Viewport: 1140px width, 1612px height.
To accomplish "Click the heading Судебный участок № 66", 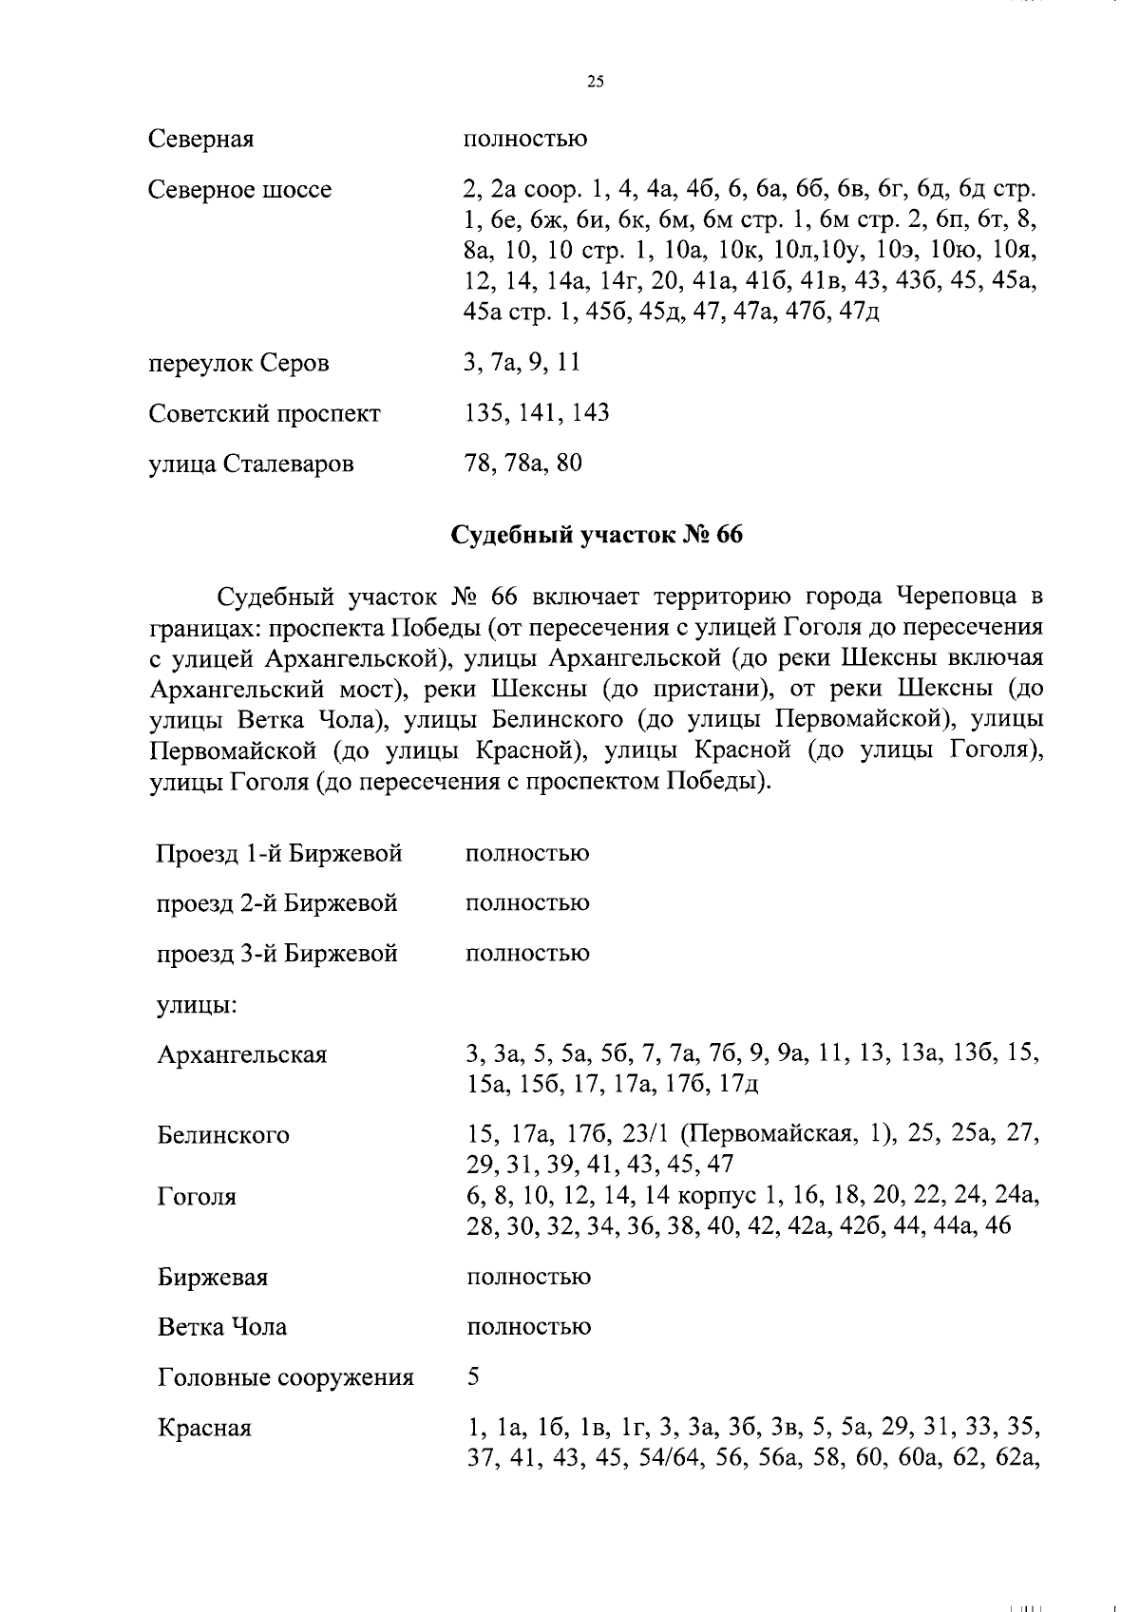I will [x=596, y=535].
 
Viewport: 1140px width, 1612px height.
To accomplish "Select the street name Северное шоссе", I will [x=239, y=190].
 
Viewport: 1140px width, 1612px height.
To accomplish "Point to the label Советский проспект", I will [x=264, y=414].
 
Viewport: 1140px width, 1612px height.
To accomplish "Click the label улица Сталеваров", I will [x=251, y=465].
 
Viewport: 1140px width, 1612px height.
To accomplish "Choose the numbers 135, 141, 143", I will [x=537, y=413].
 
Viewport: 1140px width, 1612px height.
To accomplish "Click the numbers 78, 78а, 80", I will [x=522, y=464].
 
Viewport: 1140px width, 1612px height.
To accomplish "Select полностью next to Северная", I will [x=524, y=140].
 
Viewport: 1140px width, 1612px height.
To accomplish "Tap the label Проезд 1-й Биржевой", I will [x=279, y=853].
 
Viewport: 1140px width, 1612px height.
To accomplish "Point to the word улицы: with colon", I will [x=197, y=1004].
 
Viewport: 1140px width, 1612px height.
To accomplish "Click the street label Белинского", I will [x=223, y=1135].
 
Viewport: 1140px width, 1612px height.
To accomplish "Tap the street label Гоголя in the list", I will [x=197, y=1197].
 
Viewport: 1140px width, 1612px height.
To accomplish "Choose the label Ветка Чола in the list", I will [x=221, y=1327].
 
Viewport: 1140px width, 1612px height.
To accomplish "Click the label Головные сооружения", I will [x=285, y=1377].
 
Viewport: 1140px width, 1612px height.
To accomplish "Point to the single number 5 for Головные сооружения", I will [x=473, y=1376].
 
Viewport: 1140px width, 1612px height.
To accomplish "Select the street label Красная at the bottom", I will [x=204, y=1429].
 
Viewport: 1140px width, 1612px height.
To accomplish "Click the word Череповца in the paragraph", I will [x=953, y=597].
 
